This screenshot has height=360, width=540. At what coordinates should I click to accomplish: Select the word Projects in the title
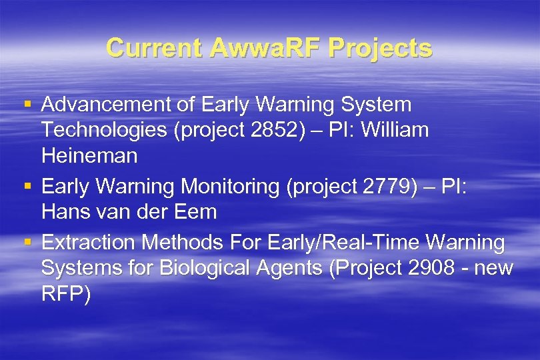click(x=381, y=48)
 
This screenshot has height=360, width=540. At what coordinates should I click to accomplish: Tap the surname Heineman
click(x=89, y=156)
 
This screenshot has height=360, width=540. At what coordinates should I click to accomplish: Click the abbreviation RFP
click(x=65, y=294)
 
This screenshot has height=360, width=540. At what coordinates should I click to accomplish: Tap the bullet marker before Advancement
click(x=27, y=105)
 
